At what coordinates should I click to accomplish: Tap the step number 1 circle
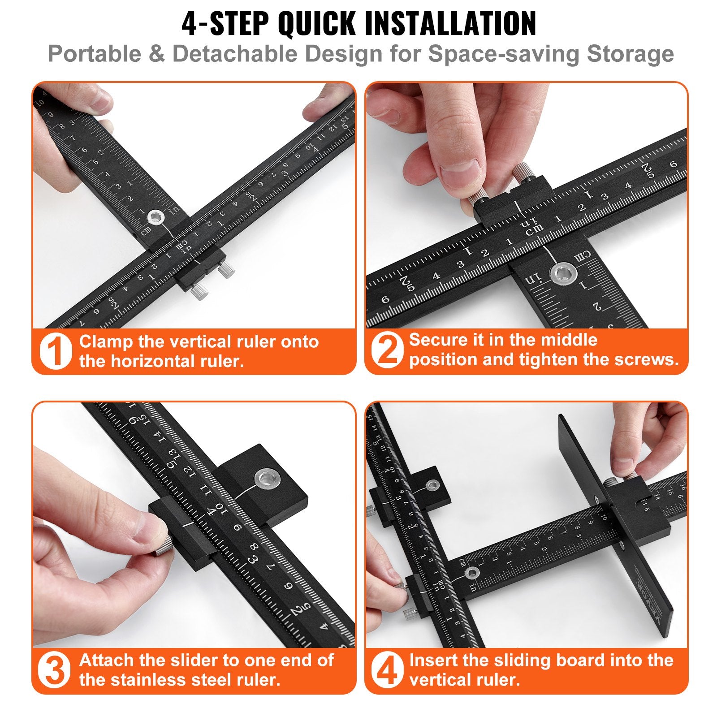click(x=55, y=351)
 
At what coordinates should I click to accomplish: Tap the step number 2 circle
click(x=387, y=350)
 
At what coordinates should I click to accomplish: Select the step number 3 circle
click(x=55, y=670)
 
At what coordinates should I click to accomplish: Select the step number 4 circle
click(x=386, y=670)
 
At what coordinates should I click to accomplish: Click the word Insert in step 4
click(x=433, y=660)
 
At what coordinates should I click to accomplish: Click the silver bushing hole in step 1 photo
click(x=155, y=218)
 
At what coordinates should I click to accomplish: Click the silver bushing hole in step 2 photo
click(x=564, y=273)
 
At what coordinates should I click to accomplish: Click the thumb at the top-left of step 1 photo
click(x=94, y=99)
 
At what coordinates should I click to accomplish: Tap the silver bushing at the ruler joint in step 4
click(x=471, y=572)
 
